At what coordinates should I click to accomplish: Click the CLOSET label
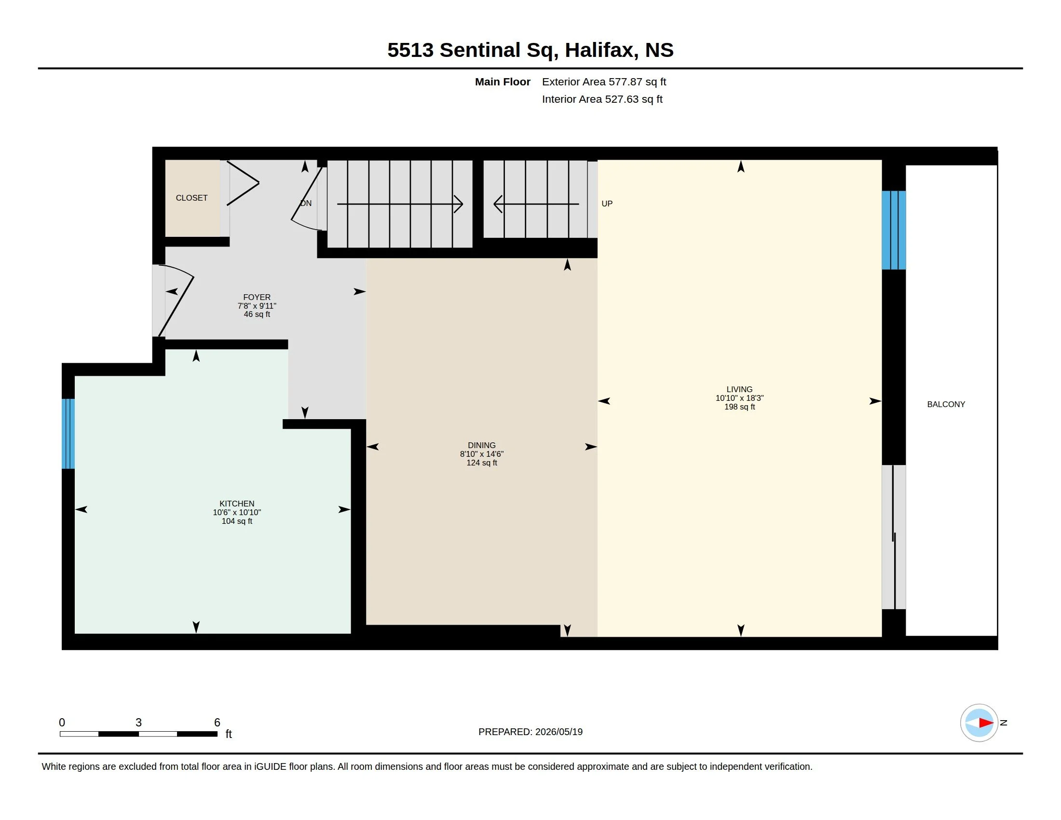[191, 198]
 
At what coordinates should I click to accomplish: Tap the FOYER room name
[257, 297]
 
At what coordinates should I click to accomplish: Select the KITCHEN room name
[237, 504]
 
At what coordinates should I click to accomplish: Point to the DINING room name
[481, 446]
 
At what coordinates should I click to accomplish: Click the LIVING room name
[739, 390]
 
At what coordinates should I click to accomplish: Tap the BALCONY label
[946, 404]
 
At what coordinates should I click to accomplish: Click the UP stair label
[607, 204]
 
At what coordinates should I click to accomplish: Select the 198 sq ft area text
[739, 407]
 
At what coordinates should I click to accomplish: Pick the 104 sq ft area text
[237, 521]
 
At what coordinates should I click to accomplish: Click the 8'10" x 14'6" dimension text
[481, 454]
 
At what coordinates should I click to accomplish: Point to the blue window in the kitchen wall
[68, 434]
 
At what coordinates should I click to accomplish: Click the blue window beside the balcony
[894, 230]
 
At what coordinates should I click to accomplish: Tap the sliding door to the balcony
[894, 537]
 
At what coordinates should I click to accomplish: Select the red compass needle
[986, 723]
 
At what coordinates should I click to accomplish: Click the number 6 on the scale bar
[217, 723]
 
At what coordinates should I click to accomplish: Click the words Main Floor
[503, 82]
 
